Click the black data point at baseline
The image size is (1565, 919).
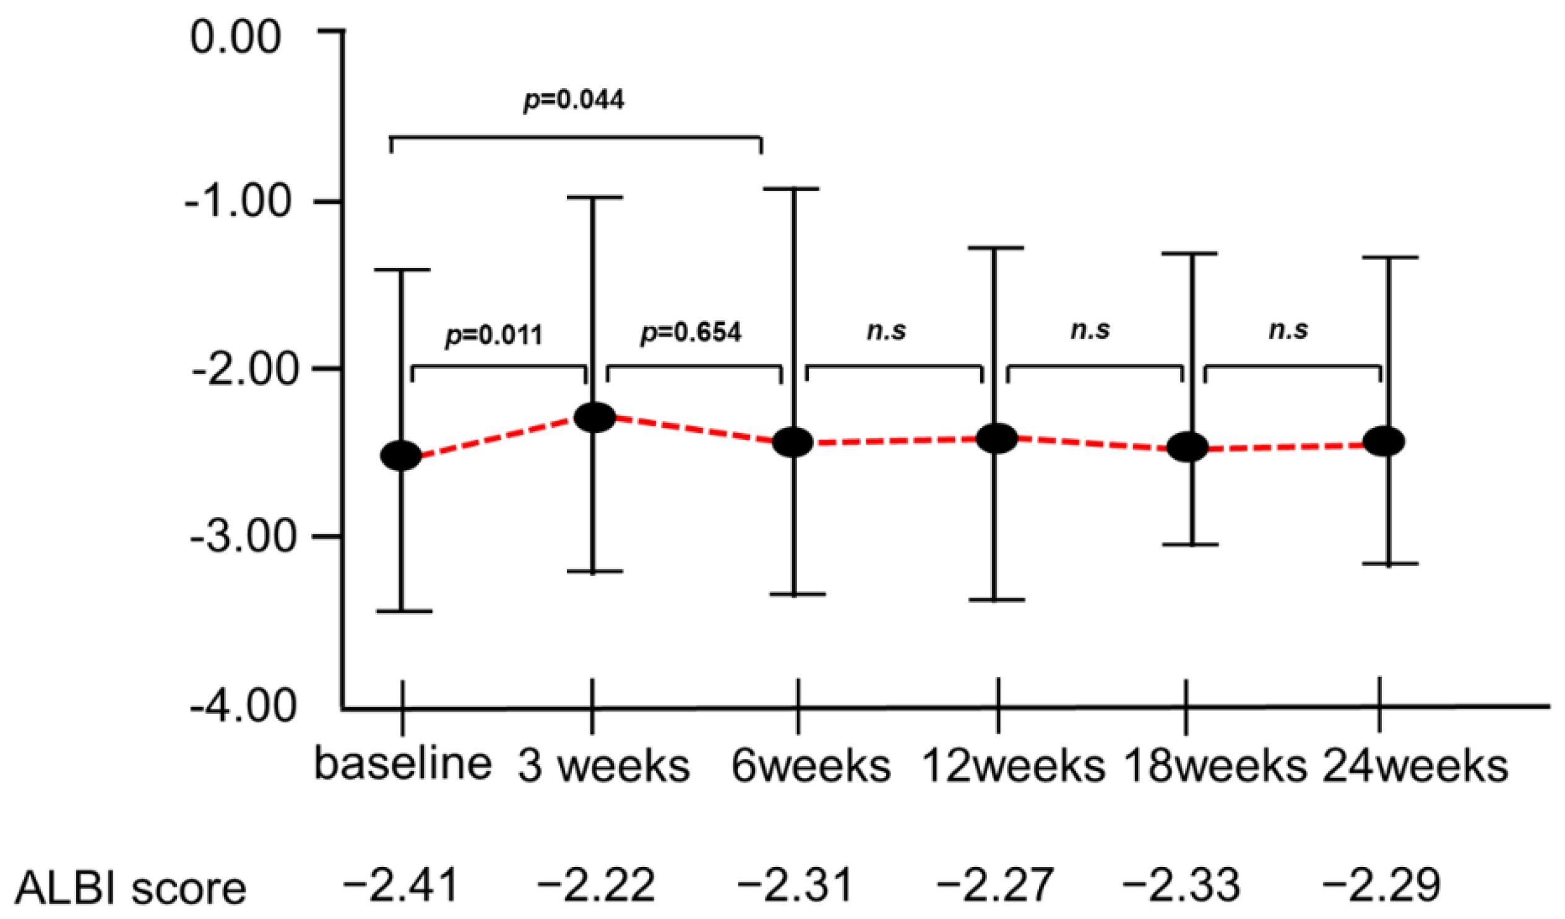[400, 455]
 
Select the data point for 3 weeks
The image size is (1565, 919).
[594, 416]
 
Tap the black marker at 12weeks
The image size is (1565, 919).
[997, 438]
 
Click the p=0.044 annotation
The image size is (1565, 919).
[574, 100]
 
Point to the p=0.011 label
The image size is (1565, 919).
[494, 335]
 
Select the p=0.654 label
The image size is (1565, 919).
[691, 333]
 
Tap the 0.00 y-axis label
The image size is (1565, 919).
[235, 37]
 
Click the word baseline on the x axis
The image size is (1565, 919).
[403, 764]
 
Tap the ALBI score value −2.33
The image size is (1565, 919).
[1182, 885]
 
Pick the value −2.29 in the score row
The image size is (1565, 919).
[1381, 885]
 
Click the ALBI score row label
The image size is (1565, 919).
[131, 889]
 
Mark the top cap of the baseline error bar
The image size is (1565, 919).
[403, 269]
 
